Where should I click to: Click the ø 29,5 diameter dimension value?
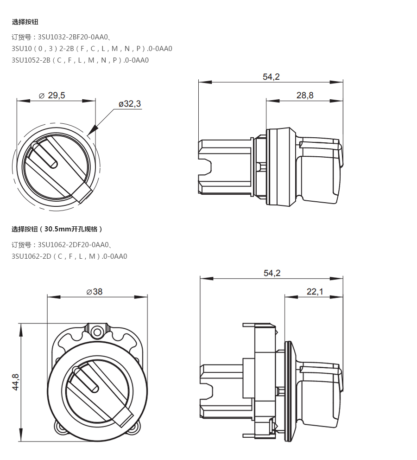[x=52, y=96]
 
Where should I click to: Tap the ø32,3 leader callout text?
[x=130, y=104]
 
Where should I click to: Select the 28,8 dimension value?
[x=305, y=96]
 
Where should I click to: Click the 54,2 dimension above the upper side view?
[x=271, y=77]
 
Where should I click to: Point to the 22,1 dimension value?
[x=315, y=292]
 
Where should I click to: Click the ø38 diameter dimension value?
[x=95, y=292]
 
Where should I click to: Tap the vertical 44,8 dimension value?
[x=16, y=382]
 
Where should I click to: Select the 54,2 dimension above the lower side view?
[x=272, y=273]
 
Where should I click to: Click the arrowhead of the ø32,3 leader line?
[x=93, y=130]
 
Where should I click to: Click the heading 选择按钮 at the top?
[x=25, y=22]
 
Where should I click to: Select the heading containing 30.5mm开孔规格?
[x=57, y=229]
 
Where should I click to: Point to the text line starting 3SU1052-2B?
[x=80, y=60]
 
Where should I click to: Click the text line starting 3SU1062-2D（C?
[x=69, y=256]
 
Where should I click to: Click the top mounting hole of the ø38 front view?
[x=97, y=332]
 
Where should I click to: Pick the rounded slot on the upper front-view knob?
[x=44, y=155]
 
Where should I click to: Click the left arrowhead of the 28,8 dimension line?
[x=272, y=101]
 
